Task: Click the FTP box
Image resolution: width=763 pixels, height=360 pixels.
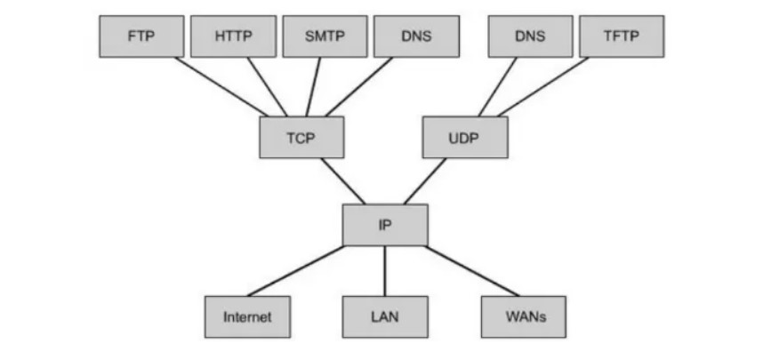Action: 141,36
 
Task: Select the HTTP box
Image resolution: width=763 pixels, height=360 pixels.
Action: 233,36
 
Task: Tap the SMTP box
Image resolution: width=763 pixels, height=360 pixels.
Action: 325,36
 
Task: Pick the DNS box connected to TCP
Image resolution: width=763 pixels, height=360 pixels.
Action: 417,36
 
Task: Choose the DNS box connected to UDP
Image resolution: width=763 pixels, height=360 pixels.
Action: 530,36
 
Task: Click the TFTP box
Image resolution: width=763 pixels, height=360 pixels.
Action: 622,36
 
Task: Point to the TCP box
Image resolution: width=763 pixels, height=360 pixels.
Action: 301,138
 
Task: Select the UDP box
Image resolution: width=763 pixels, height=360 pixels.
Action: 464,138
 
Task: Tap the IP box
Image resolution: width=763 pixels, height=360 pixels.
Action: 385,225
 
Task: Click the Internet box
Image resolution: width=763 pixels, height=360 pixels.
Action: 247,316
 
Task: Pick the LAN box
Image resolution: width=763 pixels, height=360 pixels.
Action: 385,316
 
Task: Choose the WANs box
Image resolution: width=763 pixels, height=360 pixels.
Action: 524,316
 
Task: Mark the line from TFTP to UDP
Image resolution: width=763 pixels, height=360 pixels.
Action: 542,87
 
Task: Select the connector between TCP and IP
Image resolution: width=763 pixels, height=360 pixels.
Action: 343,181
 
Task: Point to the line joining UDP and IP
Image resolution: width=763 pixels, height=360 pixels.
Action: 425,181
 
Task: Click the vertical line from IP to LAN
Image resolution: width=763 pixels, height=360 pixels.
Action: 385,270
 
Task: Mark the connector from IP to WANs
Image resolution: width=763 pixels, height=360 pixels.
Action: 472,270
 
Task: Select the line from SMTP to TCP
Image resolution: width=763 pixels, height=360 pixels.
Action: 313,87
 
